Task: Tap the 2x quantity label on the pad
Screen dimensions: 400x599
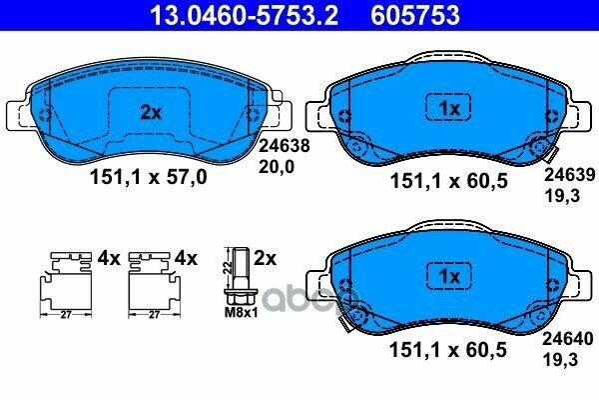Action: pos(150,113)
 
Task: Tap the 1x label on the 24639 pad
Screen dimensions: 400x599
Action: pos(449,107)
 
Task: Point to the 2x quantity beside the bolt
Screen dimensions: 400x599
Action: pos(266,258)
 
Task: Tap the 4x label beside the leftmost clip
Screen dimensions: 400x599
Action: pos(108,258)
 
